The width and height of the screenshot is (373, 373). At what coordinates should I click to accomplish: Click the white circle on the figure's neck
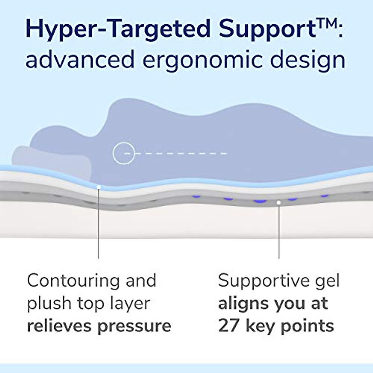click(x=124, y=153)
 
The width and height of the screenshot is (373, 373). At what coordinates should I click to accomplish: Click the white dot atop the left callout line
click(x=98, y=187)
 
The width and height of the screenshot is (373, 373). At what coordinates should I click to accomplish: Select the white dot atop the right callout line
click(x=279, y=203)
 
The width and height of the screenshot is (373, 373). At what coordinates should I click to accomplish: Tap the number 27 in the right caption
click(x=229, y=326)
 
